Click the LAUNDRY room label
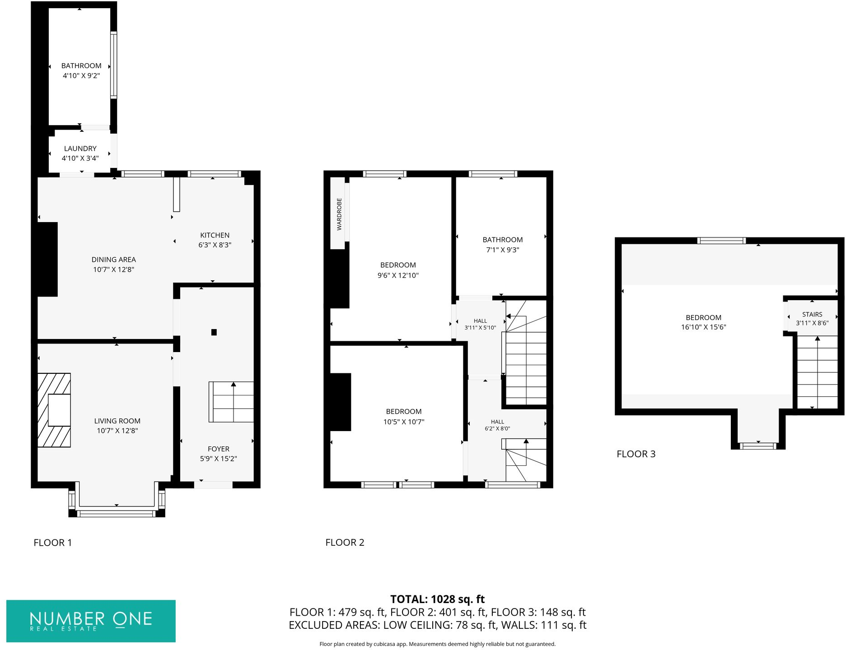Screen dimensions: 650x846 pyautogui.click(x=80, y=149)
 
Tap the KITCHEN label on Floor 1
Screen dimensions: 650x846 pyautogui.click(x=215, y=235)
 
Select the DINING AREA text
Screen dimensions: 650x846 pyautogui.click(x=113, y=260)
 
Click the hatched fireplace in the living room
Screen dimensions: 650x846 pyautogui.click(x=54, y=410)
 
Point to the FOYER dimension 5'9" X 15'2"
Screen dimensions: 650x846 pyautogui.click(x=218, y=459)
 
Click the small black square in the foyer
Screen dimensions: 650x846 pyautogui.click(x=214, y=332)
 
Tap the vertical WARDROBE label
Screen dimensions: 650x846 pyautogui.click(x=339, y=214)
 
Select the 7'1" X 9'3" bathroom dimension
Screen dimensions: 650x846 pyautogui.click(x=502, y=250)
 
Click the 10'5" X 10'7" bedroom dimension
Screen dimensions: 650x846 pyautogui.click(x=403, y=422)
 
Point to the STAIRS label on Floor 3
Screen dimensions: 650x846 pyautogui.click(x=812, y=315)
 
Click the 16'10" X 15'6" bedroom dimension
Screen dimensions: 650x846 pyautogui.click(x=703, y=327)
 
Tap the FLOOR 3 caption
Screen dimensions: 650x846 pyautogui.click(x=636, y=454)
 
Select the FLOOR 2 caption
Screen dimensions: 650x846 pyautogui.click(x=345, y=543)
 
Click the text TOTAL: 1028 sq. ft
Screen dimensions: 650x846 pyautogui.click(x=437, y=599)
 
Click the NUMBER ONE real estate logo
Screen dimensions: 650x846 pyautogui.click(x=91, y=621)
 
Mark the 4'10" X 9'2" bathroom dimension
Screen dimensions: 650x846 pyautogui.click(x=81, y=76)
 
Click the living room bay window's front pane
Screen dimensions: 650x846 pyautogui.click(x=116, y=513)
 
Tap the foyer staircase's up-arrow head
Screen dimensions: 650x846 pyautogui.click(x=233, y=384)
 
